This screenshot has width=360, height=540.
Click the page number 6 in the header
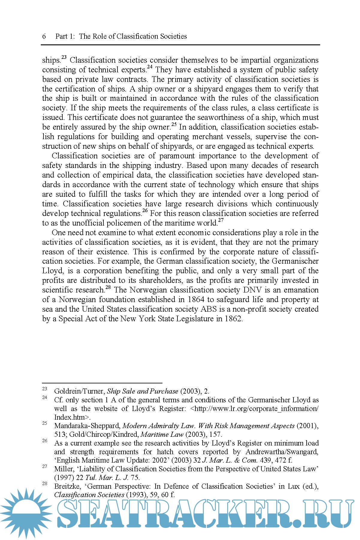pos(44,37)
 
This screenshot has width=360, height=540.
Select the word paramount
pos(177,156)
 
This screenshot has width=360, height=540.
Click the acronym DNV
pos(252,290)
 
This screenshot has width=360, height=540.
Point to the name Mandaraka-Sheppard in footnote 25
pos(87,426)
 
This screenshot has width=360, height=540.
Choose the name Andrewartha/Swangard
pos(282,452)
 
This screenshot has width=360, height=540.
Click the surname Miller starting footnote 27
pos(64,469)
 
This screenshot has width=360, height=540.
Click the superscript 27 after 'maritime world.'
pos(221,220)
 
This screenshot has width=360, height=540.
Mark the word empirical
pos(120,175)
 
